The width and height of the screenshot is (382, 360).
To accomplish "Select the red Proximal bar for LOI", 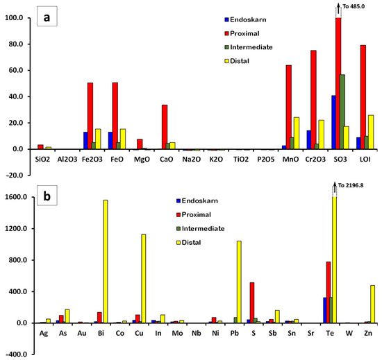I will coord(362,97).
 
